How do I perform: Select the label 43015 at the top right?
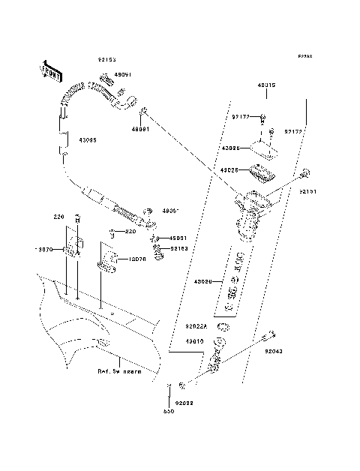(x=265, y=85)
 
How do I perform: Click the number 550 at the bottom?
(x=169, y=412)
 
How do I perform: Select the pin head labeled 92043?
(x=272, y=334)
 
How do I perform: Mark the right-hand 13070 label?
(x=136, y=259)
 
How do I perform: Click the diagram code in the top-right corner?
(x=304, y=57)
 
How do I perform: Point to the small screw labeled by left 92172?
(x=265, y=117)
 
